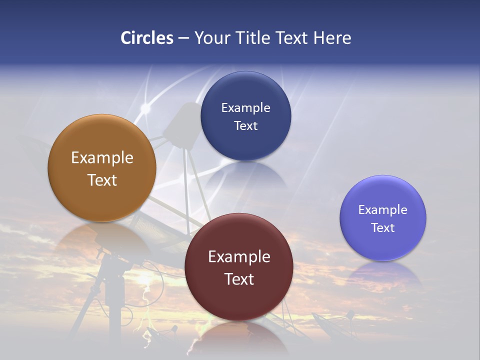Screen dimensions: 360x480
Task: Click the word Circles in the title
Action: [147, 38]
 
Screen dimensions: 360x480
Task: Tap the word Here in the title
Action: [332, 38]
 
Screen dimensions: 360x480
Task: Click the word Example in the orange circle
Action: [102, 158]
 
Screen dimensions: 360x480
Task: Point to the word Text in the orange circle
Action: [102, 180]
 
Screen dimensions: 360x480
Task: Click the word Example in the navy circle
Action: [245, 107]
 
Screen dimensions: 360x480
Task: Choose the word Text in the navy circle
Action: [245, 125]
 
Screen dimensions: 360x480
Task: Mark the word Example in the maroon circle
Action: [239, 256]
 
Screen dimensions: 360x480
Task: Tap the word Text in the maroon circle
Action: [239, 279]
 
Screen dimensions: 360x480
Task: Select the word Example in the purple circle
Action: [382, 209]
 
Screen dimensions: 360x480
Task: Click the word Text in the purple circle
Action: [382, 227]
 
